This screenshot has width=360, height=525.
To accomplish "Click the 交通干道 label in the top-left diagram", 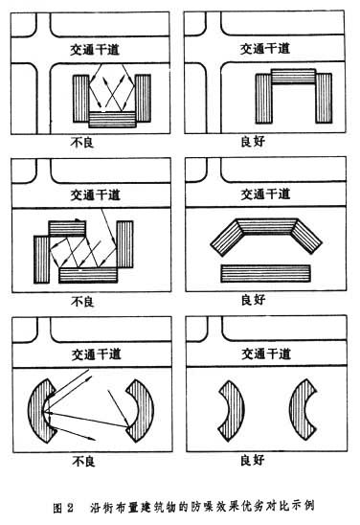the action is pyautogui.click(x=95, y=50).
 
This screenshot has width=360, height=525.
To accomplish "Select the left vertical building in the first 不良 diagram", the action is pyautogui.click(x=81, y=99).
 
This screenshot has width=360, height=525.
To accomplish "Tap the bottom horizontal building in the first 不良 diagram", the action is pyautogui.click(x=112, y=120).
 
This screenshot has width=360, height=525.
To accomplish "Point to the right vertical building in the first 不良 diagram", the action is pyautogui.click(x=143, y=98).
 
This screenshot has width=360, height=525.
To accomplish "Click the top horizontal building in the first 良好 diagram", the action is pyautogui.click(x=293, y=77).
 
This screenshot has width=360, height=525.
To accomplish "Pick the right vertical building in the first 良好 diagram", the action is pyautogui.click(x=324, y=98).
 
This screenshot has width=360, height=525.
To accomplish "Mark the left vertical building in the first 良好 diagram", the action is pyautogui.click(x=263, y=99).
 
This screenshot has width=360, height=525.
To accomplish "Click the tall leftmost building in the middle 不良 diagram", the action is pyautogui.click(x=42, y=260).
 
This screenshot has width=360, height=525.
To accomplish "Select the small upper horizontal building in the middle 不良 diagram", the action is pyautogui.click(x=67, y=228).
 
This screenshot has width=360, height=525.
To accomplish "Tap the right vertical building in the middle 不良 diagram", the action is pyautogui.click(x=124, y=244).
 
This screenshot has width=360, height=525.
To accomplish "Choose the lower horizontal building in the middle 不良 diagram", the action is pyautogui.click(x=88, y=275).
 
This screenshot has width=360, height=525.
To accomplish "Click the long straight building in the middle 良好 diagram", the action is pyautogui.click(x=265, y=273).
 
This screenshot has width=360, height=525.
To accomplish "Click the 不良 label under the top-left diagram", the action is pyautogui.click(x=82, y=143).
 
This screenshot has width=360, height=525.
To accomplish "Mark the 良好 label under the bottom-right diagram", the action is pyautogui.click(x=253, y=460).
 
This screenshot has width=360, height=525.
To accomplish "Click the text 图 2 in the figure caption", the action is pyautogui.click(x=63, y=507).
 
